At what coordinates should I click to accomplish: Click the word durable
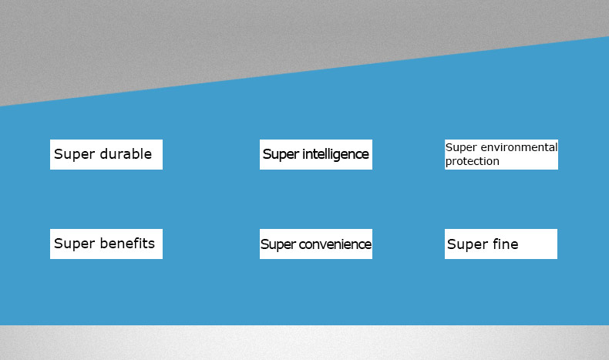click(126, 153)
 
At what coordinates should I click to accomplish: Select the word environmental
click(519, 147)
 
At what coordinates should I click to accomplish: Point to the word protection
click(473, 161)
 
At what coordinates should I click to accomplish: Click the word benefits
click(127, 243)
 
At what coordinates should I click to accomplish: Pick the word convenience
click(335, 244)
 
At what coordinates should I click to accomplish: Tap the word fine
click(505, 244)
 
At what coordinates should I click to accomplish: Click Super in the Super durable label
click(74, 154)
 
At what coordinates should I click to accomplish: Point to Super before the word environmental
click(461, 148)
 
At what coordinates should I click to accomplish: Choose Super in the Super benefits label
click(74, 244)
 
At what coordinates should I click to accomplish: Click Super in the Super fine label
click(467, 244)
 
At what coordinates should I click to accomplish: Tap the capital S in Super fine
click(451, 244)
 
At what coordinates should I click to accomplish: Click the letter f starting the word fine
click(496, 244)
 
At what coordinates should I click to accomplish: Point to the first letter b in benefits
click(104, 243)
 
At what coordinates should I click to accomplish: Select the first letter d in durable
click(104, 153)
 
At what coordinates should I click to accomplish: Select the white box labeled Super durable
click(106, 155)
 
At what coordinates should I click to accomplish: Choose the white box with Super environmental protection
click(501, 155)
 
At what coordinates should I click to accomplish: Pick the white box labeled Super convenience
click(316, 244)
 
